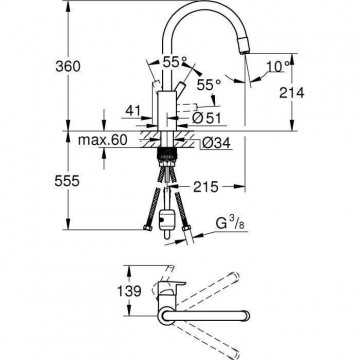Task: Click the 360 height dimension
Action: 68,66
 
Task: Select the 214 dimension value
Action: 292,93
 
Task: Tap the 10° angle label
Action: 278,67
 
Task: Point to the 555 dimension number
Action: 67,181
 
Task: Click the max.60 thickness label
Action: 102,140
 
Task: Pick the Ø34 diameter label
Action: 216,143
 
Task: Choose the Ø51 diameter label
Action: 207,118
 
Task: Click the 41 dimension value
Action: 134,110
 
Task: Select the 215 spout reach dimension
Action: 205,187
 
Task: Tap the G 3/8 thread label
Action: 230,224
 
